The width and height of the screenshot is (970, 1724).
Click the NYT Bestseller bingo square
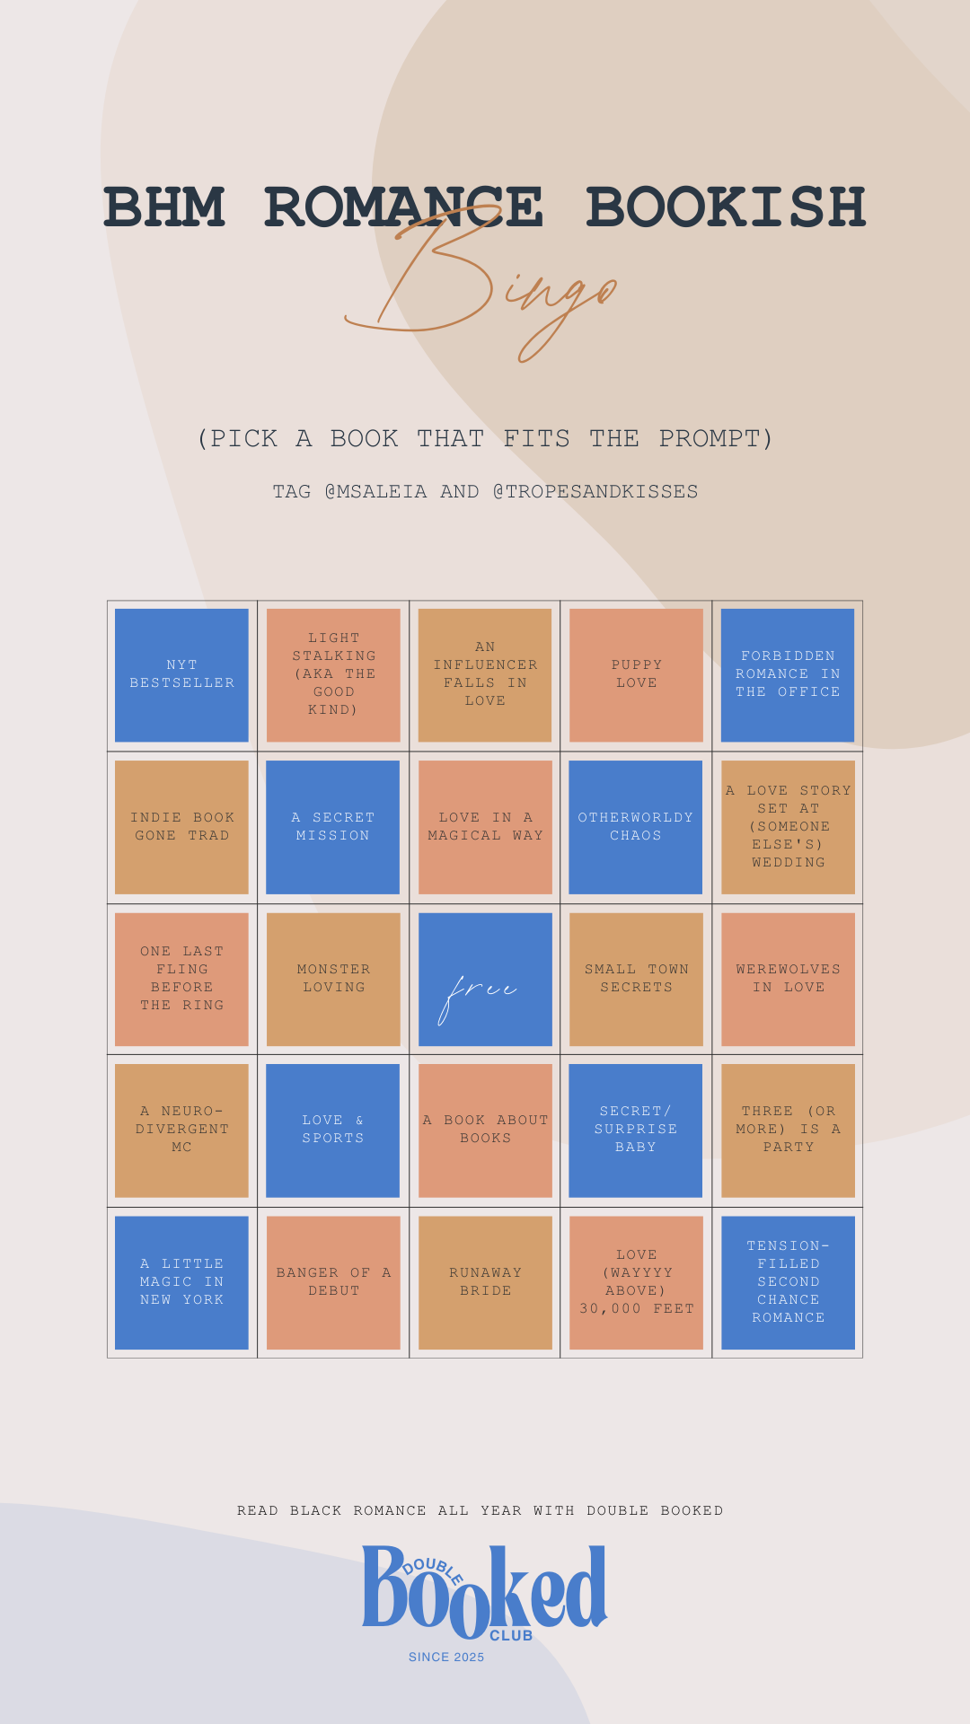coord(181,675)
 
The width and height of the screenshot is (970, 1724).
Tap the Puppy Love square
coord(636,675)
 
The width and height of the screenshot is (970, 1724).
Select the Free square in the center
coord(485,980)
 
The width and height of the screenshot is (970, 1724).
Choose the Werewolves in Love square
coord(788,980)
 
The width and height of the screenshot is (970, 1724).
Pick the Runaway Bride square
coord(485,1282)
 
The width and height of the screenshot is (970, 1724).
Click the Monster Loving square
coord(333,980)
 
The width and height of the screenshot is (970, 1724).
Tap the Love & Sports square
coord(333,1130)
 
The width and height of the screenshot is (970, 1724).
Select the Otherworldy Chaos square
coord(636,827)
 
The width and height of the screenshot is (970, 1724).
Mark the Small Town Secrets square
coord(636,980)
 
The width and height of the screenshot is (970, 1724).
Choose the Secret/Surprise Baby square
coord(636,1130)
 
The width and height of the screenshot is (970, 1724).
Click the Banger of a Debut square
coord(333,1282)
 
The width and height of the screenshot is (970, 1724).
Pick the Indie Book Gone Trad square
coord(181,827)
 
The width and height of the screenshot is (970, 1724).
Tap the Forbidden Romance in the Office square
coord(788,675)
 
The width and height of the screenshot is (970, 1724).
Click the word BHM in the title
coord(164,207)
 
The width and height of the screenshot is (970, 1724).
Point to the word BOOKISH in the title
coord(726,207)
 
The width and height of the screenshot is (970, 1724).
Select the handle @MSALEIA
coord(375,492)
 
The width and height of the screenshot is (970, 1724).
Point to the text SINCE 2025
coord(446,1658)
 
